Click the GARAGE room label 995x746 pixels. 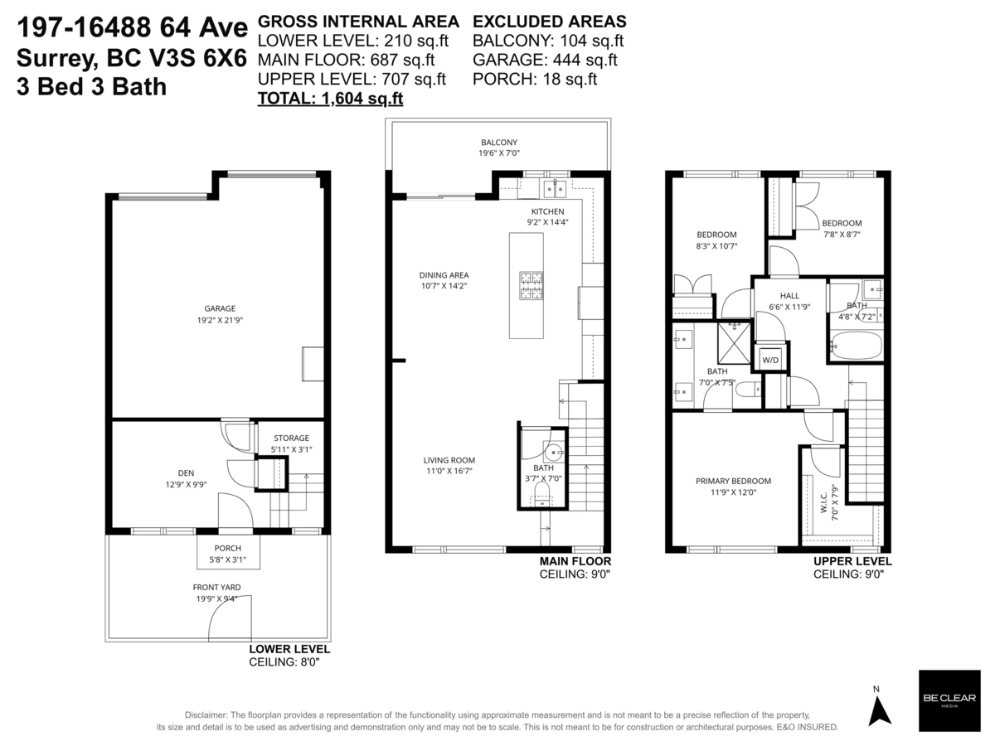(x=220, y=308)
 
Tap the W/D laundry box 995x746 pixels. (x=770, y=360)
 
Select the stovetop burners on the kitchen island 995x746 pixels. (x=531, y=285)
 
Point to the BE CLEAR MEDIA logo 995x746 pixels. (x=949, y=700)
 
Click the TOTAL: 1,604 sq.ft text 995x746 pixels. (x=330, y=99)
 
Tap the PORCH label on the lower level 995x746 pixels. (x=227, y=548)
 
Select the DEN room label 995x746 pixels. (x=186, y=472)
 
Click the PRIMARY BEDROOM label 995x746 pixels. (x=733, y=481)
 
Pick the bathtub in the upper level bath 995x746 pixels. (x=857, y=346)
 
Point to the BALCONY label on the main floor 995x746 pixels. (x=499, y=143)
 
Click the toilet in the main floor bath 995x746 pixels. (x=541, y=494)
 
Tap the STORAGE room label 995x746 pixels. (x=291, y=438)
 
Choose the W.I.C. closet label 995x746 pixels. (x=824, y=503)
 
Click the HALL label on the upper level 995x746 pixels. (x=789, y=296)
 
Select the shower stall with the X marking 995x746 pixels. (x=734, y=343)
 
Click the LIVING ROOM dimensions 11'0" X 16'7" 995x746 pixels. (x=449, y=471)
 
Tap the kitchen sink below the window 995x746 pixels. (x=555, y=189)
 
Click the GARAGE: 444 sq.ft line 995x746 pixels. (x=545, y=60)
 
